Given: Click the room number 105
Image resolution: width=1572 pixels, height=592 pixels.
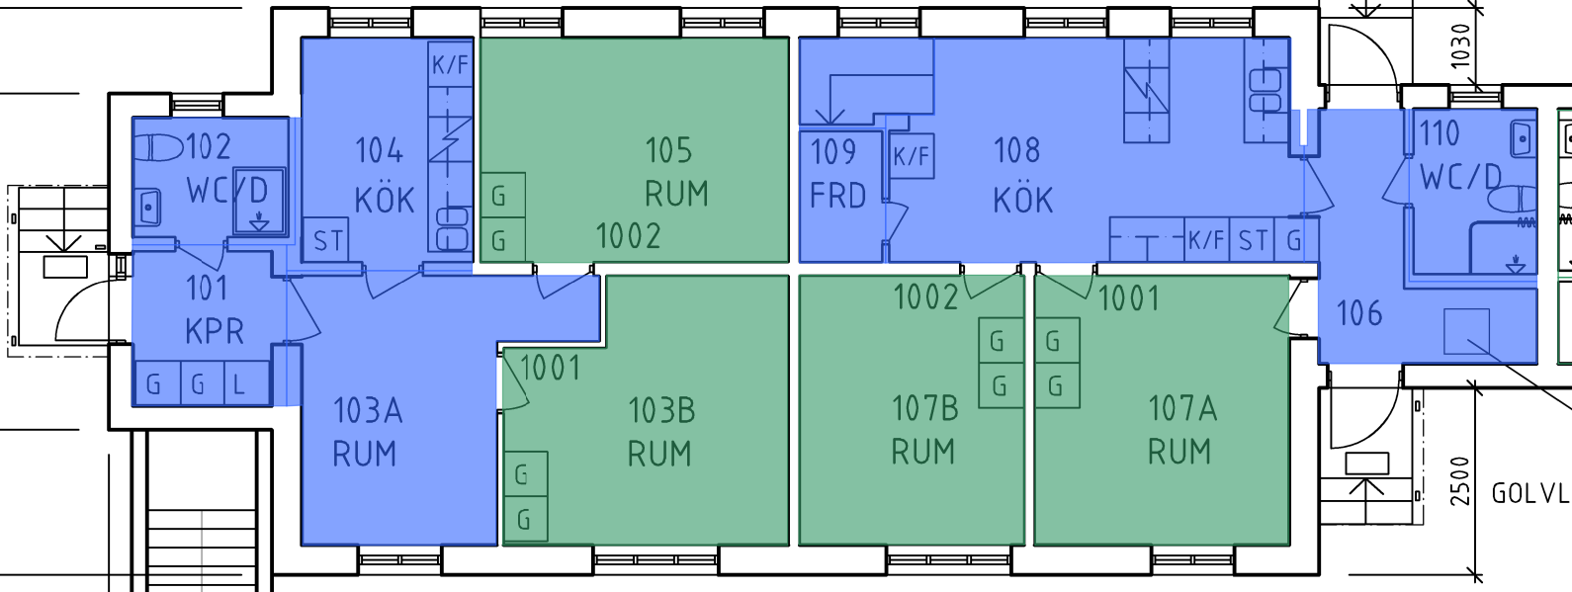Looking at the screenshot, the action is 668,151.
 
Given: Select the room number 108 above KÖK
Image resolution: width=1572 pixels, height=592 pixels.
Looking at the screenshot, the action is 1017,151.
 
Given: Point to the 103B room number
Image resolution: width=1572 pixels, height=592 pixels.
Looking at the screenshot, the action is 661,410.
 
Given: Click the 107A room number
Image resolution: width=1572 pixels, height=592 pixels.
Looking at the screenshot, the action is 1181,408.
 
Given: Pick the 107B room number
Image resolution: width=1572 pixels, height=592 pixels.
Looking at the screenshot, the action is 925,408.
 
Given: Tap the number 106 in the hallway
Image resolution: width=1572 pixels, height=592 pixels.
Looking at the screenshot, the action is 1359,313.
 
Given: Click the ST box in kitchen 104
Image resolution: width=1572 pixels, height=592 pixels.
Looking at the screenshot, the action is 327,240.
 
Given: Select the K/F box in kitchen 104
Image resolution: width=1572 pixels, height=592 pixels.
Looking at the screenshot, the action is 450,65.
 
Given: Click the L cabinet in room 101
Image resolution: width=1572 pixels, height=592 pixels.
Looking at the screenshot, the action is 246,383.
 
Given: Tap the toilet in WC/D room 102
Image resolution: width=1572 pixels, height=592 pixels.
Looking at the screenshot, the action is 158,147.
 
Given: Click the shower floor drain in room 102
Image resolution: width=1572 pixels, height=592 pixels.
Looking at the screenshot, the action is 259,223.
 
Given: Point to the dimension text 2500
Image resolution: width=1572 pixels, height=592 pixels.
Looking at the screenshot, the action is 1459,481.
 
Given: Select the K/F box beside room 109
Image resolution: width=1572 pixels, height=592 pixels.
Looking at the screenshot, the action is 912,156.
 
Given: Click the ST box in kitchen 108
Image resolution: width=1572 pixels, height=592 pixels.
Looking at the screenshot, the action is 1252,240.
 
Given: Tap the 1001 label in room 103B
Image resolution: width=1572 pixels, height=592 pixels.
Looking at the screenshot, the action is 551,369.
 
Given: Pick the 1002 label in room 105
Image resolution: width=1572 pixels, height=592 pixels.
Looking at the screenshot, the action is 628,236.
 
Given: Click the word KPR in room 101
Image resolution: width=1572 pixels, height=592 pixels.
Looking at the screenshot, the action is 214,332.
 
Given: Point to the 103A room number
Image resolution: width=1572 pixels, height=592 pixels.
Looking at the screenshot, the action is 368,411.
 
